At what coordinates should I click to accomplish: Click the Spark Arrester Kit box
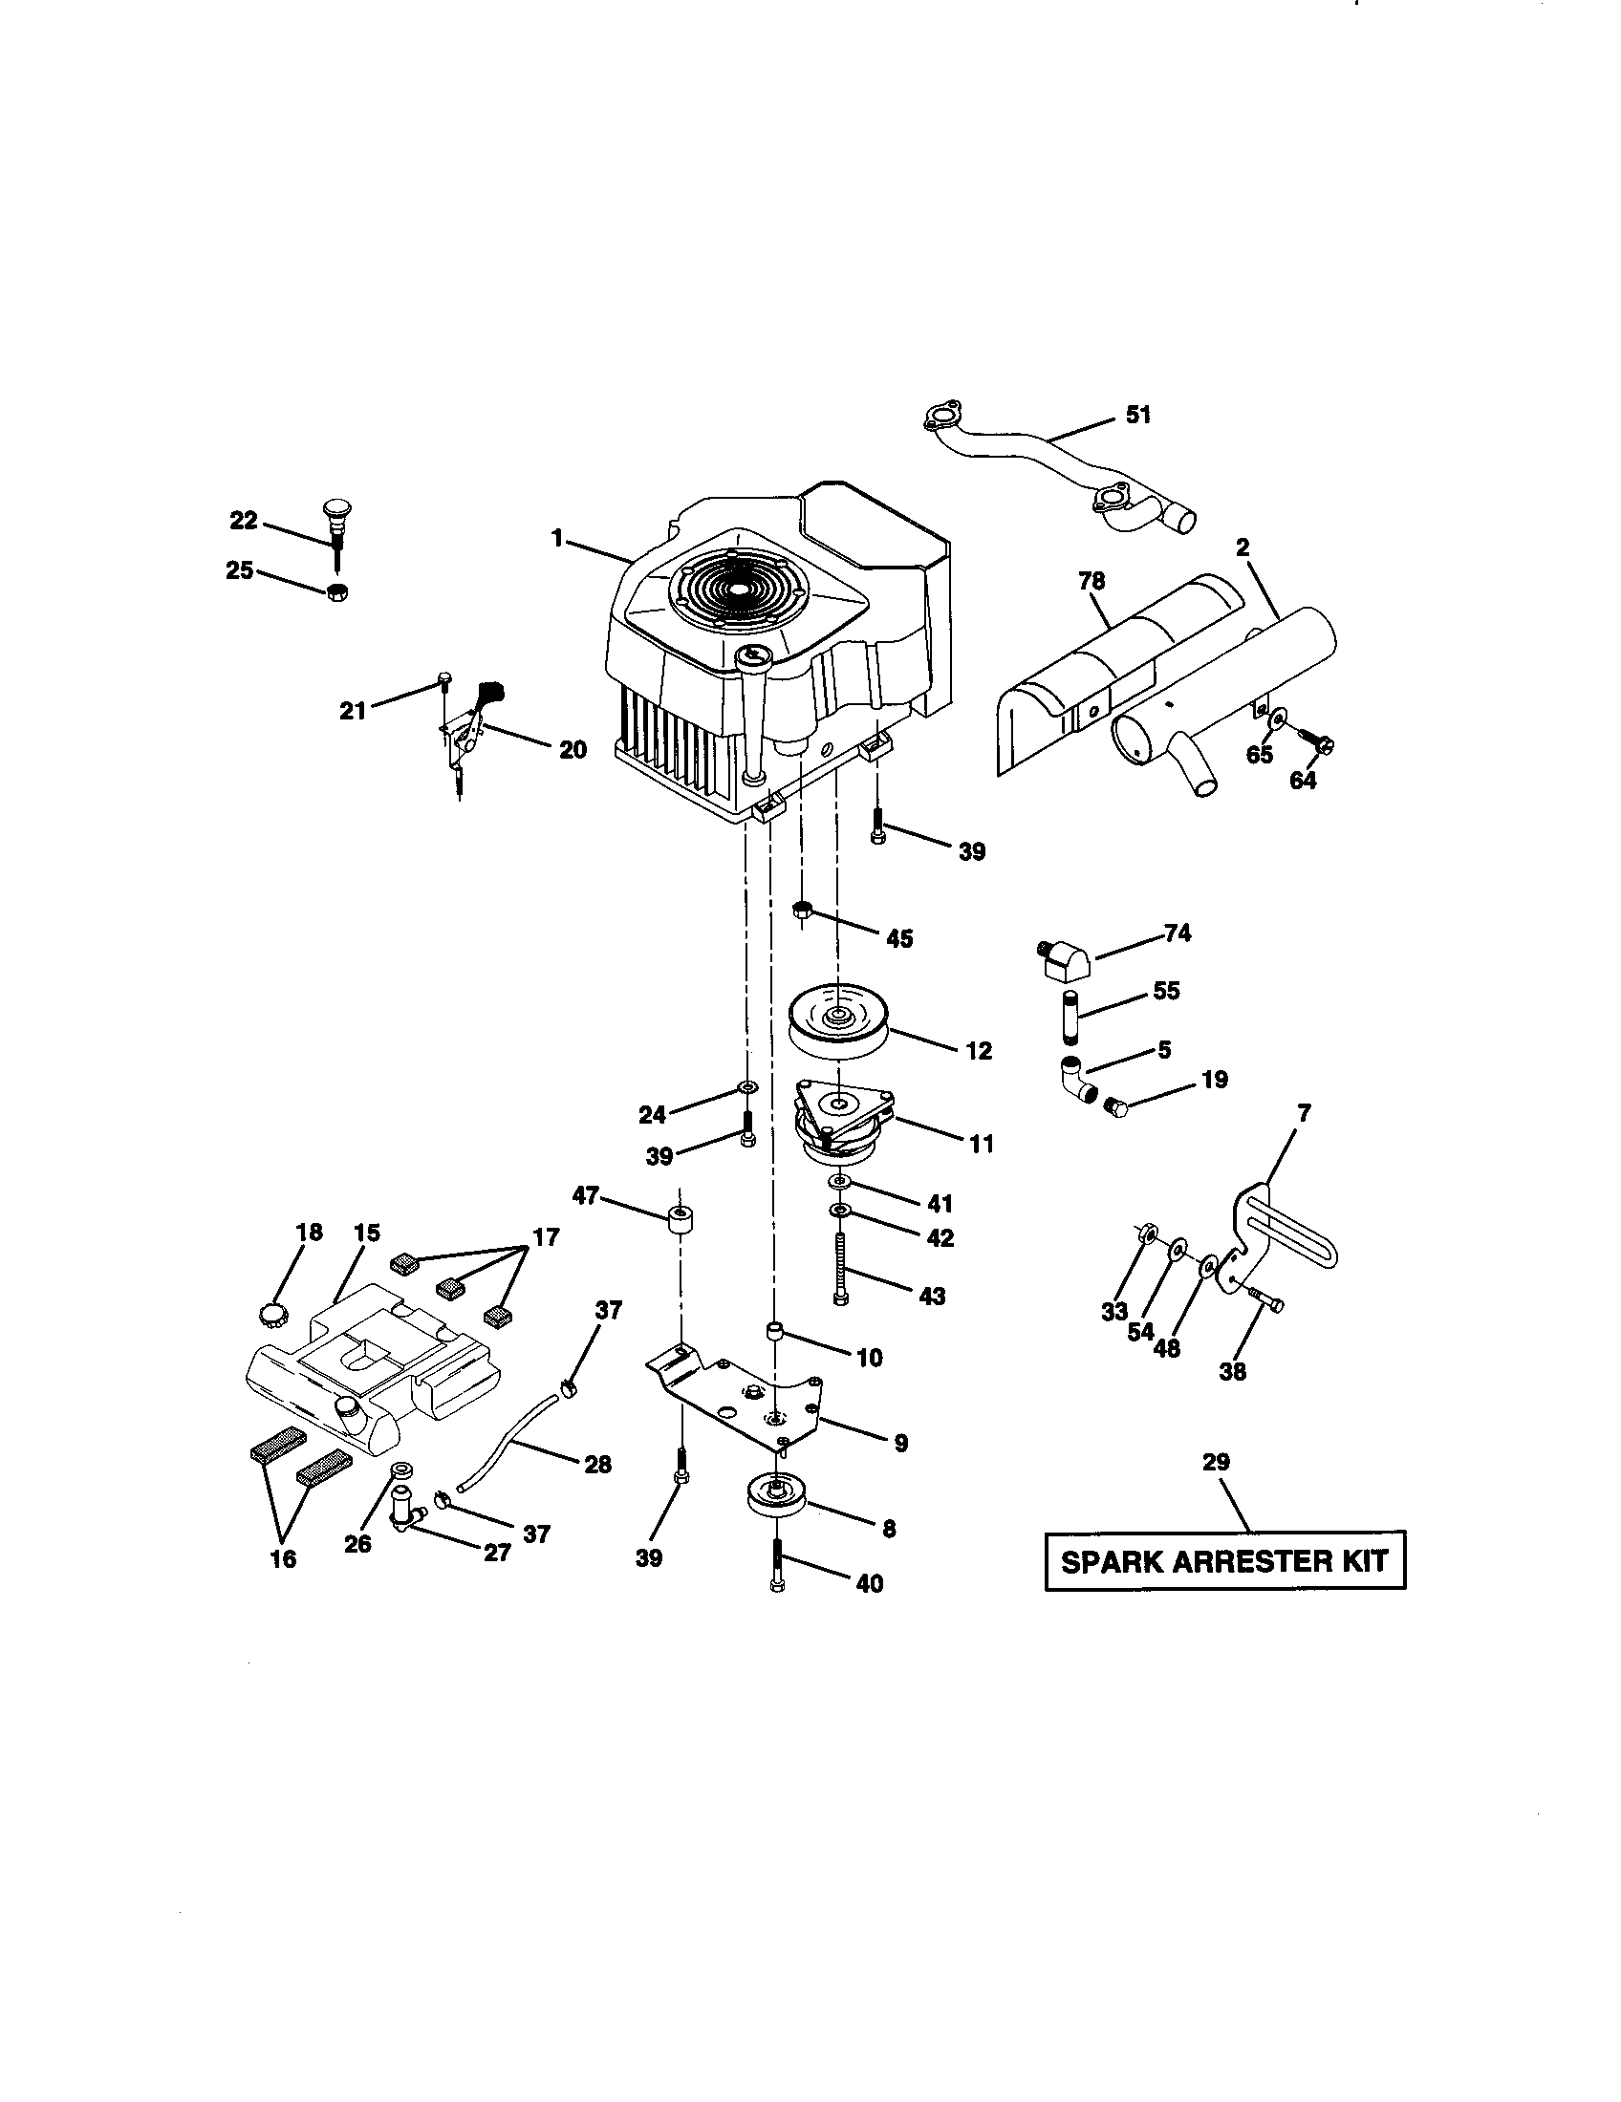coord(1224,1560)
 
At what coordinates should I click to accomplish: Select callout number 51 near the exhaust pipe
coord(1137,416)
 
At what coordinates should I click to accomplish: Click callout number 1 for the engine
coord(556,539)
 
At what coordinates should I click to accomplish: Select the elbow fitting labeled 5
coord(1078,1078)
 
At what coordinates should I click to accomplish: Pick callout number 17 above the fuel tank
coord(546,1236)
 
